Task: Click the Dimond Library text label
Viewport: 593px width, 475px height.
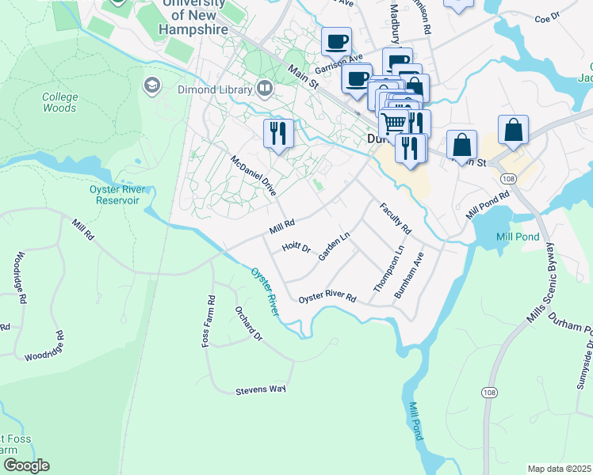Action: point(216,91)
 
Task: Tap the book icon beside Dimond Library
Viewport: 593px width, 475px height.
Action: point(265,89)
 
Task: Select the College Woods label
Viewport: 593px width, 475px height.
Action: point(60,102)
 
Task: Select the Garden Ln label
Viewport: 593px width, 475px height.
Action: point(334,246)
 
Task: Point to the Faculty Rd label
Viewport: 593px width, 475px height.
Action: point(396,218)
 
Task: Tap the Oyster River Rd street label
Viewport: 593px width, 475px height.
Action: point(327,297)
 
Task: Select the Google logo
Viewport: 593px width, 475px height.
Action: point(25,465)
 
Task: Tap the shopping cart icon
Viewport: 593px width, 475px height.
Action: point(392,123)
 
